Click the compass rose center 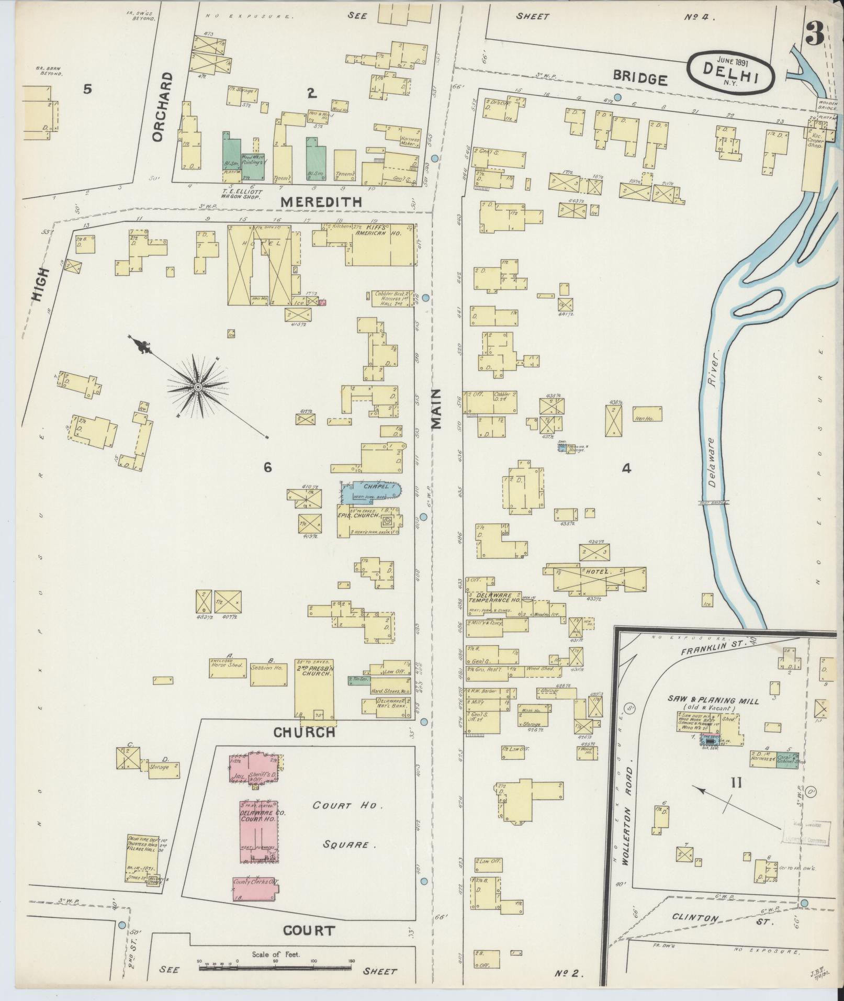198,387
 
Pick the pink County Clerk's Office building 255,888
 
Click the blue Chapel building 370,492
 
